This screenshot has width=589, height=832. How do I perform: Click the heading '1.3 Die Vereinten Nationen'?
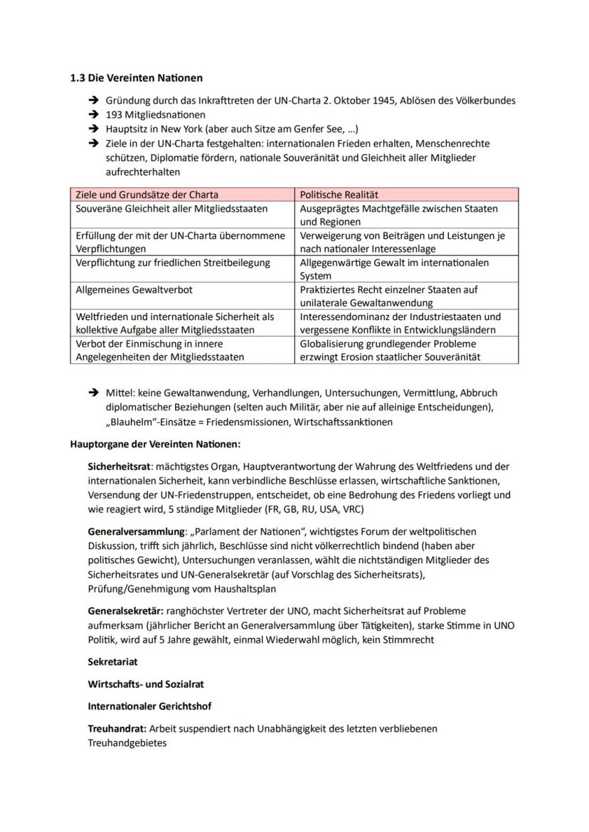[136, 78]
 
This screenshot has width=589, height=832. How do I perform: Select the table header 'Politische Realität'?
[339, 194]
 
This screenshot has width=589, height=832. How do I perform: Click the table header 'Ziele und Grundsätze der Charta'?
[147, 194]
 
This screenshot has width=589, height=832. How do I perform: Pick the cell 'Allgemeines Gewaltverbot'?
[134, 289]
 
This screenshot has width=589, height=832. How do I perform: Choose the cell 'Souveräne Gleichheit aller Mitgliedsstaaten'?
[171, 208]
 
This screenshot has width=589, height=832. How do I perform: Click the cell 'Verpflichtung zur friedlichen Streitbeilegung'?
[173, 262]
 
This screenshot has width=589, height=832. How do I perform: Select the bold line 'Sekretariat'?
[112, 661]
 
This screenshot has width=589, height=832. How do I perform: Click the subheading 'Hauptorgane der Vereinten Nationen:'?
[155, 444]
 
